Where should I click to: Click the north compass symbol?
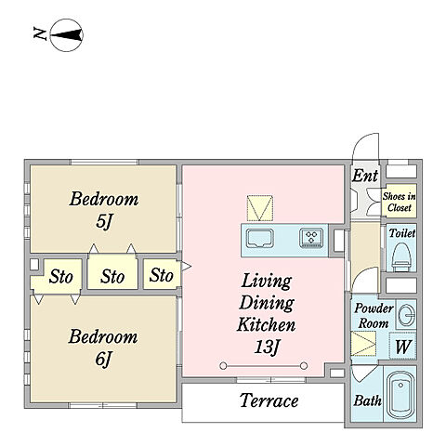[66, 35]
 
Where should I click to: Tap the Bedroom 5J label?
[104, 210]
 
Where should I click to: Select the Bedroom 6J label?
[103, 348]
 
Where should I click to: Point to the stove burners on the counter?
[311, 238]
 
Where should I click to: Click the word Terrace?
[269, 400]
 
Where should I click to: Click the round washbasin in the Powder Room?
[406, 315]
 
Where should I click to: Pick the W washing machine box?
[402, 346]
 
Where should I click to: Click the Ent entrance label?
[365, 176]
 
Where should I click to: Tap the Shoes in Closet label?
[399, 202]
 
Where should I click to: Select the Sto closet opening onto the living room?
[162, 274]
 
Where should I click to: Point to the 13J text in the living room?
[267, 347]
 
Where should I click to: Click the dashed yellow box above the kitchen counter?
[260, 208]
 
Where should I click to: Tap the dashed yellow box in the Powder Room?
[363, 344]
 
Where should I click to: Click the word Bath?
[368, 400]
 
